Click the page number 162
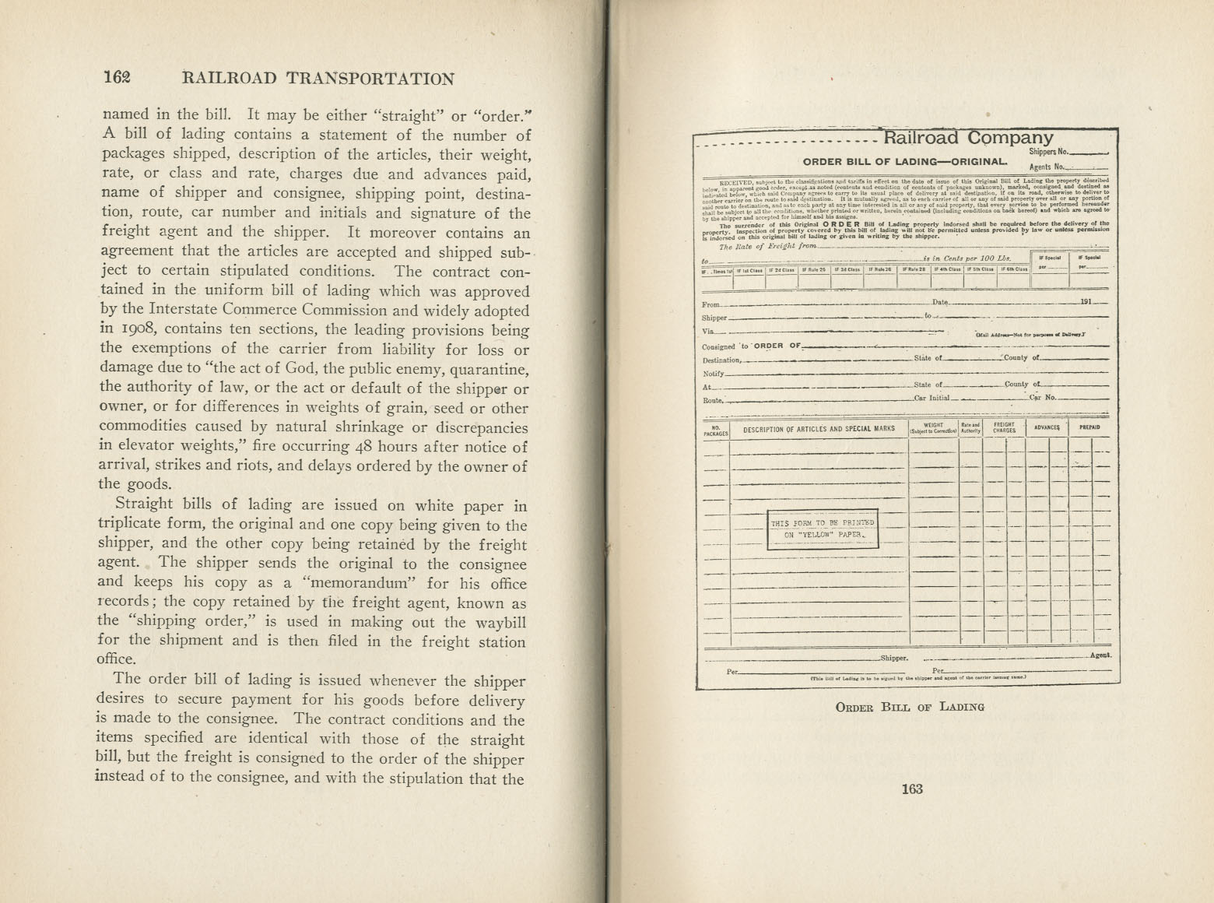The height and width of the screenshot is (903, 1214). [117, 77]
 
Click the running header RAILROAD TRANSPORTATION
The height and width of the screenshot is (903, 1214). [318, 78]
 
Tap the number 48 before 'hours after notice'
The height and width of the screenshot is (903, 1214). [363, 446]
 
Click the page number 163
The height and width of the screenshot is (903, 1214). [911, 789]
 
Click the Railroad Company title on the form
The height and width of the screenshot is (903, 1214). [968, 139]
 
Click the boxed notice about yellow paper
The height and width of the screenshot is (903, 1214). [823, 529]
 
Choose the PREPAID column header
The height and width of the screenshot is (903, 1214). [1089, 428]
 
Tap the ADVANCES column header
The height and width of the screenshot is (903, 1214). [1047, 428]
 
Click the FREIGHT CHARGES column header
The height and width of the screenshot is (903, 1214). [1004, 428]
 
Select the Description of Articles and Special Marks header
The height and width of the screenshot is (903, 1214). [819, 429]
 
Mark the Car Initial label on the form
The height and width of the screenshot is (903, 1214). [932, 398]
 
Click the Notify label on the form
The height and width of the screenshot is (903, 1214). [713, 374]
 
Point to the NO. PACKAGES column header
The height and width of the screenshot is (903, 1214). [716, 429]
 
